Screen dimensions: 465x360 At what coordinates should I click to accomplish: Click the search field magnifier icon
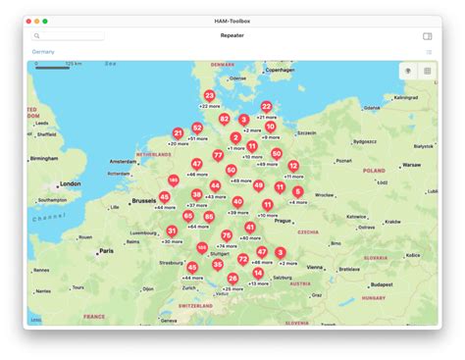click(37, 36)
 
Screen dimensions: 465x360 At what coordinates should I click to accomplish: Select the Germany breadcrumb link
click(43, 51)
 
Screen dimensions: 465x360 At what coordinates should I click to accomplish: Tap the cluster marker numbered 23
click(209, 96)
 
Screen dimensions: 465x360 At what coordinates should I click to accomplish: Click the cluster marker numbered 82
click(225, 118)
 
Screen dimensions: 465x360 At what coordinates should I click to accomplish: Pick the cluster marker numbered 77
click(218, 155)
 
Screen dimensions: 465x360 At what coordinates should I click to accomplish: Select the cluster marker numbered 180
click(174, 180)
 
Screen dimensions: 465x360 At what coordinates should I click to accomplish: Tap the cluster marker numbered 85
click(209, 217)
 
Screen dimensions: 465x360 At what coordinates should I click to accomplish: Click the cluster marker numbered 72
click(242, 259)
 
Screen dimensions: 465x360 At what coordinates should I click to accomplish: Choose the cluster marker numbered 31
click(172, 231)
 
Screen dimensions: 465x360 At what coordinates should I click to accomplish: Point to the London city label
click(71, 183)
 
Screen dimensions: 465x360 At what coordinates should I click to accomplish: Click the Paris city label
click(106, 251)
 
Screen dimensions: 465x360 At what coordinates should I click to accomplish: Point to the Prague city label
click(284, 221)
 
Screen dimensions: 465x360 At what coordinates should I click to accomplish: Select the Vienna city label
click(315, 266)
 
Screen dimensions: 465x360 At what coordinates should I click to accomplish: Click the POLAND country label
click(375, 170)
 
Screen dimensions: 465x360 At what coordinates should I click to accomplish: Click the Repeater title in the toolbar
click(232, 36)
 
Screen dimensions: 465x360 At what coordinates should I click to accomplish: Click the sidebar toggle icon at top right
click(428, 36)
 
